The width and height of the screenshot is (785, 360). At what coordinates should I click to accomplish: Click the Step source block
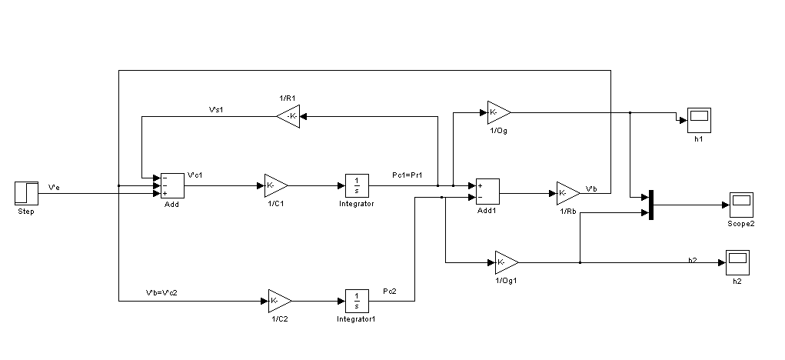pos(26,192)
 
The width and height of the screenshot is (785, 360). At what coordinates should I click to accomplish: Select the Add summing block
pos(171,185)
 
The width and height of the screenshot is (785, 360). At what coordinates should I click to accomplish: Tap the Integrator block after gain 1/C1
pos(356,185)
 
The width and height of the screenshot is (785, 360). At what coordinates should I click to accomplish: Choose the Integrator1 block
pos(356,300)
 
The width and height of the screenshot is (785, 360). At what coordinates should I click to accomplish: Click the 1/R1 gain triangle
pos(288,117)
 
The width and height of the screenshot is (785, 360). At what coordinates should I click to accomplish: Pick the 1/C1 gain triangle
pos(275,185)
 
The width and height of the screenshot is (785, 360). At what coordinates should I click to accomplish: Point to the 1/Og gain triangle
pos(497,112)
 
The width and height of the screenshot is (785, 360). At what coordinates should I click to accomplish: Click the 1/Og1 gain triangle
pos(506,262)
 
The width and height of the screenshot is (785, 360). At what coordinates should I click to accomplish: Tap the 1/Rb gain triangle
pos(567,192)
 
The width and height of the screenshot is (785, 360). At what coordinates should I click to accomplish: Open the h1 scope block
pos(698,119)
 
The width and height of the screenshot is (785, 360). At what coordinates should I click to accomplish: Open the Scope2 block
pos(741,205)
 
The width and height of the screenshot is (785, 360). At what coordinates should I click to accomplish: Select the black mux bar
pos(651,205)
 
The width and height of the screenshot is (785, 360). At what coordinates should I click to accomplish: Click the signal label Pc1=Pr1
pos(407,177)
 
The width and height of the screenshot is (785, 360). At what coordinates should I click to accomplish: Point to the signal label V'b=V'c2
pos(162,292)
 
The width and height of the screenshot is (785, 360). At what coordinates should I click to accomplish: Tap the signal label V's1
pos(216,110)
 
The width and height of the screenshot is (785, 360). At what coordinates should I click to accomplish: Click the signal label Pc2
pos(391,292)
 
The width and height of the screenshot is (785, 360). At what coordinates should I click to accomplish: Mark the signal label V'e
pos(55,186)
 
